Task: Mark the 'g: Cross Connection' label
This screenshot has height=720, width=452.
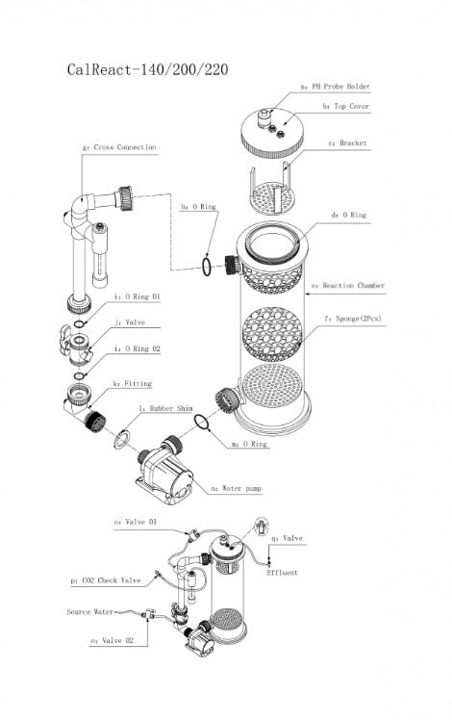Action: pyautogui.click(x=119, y=147)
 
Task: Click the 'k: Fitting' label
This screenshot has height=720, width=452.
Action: pyautogui.click(x=131, y=383)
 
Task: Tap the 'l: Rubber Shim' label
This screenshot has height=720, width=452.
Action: pyautogui.click(x=166, y=409)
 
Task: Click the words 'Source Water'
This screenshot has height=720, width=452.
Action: pyautogui.click(x=91, y=611)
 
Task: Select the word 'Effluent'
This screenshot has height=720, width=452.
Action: pyautogui.click(x=283, y=573)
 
